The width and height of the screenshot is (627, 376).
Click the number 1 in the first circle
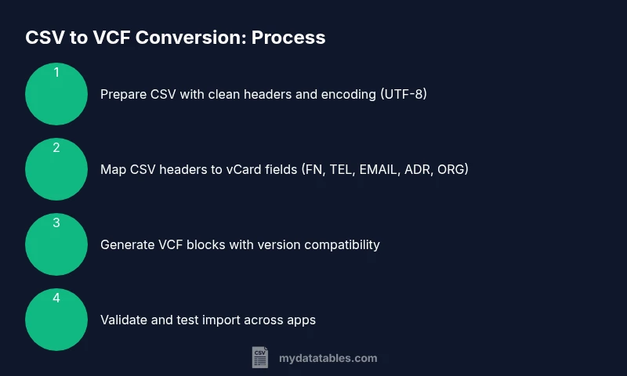[x=56, y=72]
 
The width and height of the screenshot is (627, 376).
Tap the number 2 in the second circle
[x=56, y=147]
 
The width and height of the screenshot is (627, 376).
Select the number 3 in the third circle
[x=56, y=222]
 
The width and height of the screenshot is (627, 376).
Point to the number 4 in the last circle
[x=56, y=298]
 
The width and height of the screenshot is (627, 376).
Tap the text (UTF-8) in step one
[x=403, y=94]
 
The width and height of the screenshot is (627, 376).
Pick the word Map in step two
[x=112, y=169]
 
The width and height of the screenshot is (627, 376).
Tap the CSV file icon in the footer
[x=259, y=358]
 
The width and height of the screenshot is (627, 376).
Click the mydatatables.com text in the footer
[x=328, y=358]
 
